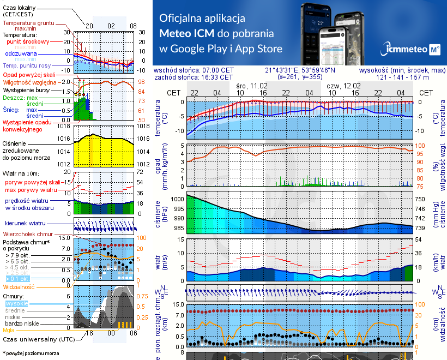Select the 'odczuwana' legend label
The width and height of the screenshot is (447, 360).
21,54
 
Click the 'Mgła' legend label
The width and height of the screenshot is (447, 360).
9,330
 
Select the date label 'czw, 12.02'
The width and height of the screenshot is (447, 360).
344,86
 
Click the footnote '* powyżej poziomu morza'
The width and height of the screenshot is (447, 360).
31,353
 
